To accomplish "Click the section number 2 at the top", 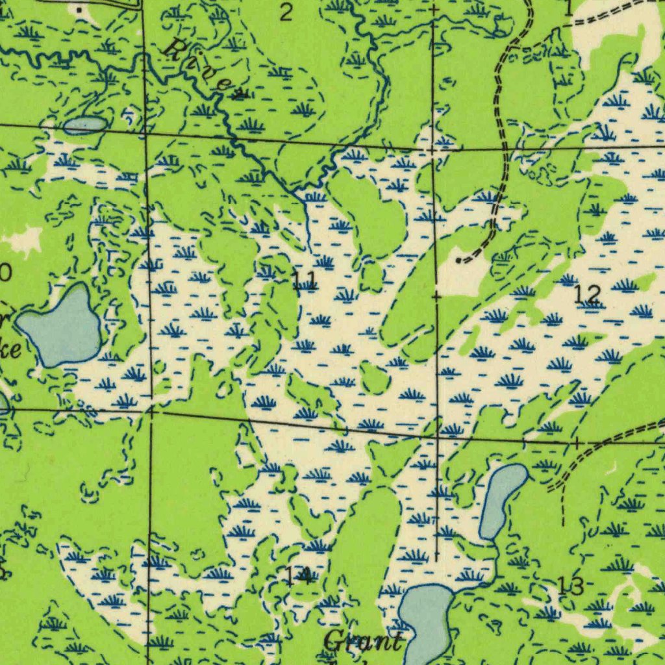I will point(286,12).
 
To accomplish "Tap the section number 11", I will point(303,281).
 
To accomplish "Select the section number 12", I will point(588,295).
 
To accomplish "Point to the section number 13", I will point(571,586).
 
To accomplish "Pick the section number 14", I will point(297,575).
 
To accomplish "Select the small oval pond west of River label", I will point(84,125).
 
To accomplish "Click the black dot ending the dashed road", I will point(460,260).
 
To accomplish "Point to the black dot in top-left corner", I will point(80,10).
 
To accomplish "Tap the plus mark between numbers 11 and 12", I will point(436,297).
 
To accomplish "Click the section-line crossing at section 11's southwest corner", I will point(151,410).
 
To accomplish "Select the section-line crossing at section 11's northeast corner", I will point(434,149).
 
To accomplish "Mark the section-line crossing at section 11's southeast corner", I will point(437,436).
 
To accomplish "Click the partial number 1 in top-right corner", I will point(569,8).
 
